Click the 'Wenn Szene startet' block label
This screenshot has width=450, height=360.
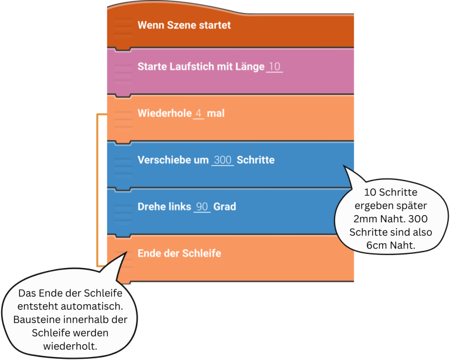pyautogui.click(x=184, y=25)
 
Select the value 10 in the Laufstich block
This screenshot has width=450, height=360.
pyautogui.click(x=274, y=67)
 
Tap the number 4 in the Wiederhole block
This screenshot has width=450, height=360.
pyautogui.click(x=199, y=113)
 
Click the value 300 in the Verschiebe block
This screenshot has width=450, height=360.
pyautogui.click(x=223, y=159)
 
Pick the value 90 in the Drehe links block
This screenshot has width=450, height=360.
pyautogui.click(x=202, y=206)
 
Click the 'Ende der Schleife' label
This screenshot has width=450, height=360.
pyautogui.click(x=179, y=253)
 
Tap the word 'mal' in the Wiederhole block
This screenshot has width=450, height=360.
pyautogui.click(x=216, y=113)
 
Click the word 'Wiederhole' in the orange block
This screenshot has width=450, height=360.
pyautogui.click(x=163, y=113)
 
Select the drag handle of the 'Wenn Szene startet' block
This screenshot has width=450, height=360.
pyautogui.click(x=122, y=26)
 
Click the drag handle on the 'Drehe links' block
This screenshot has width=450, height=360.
pyautogui.click(x=122, y=207)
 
